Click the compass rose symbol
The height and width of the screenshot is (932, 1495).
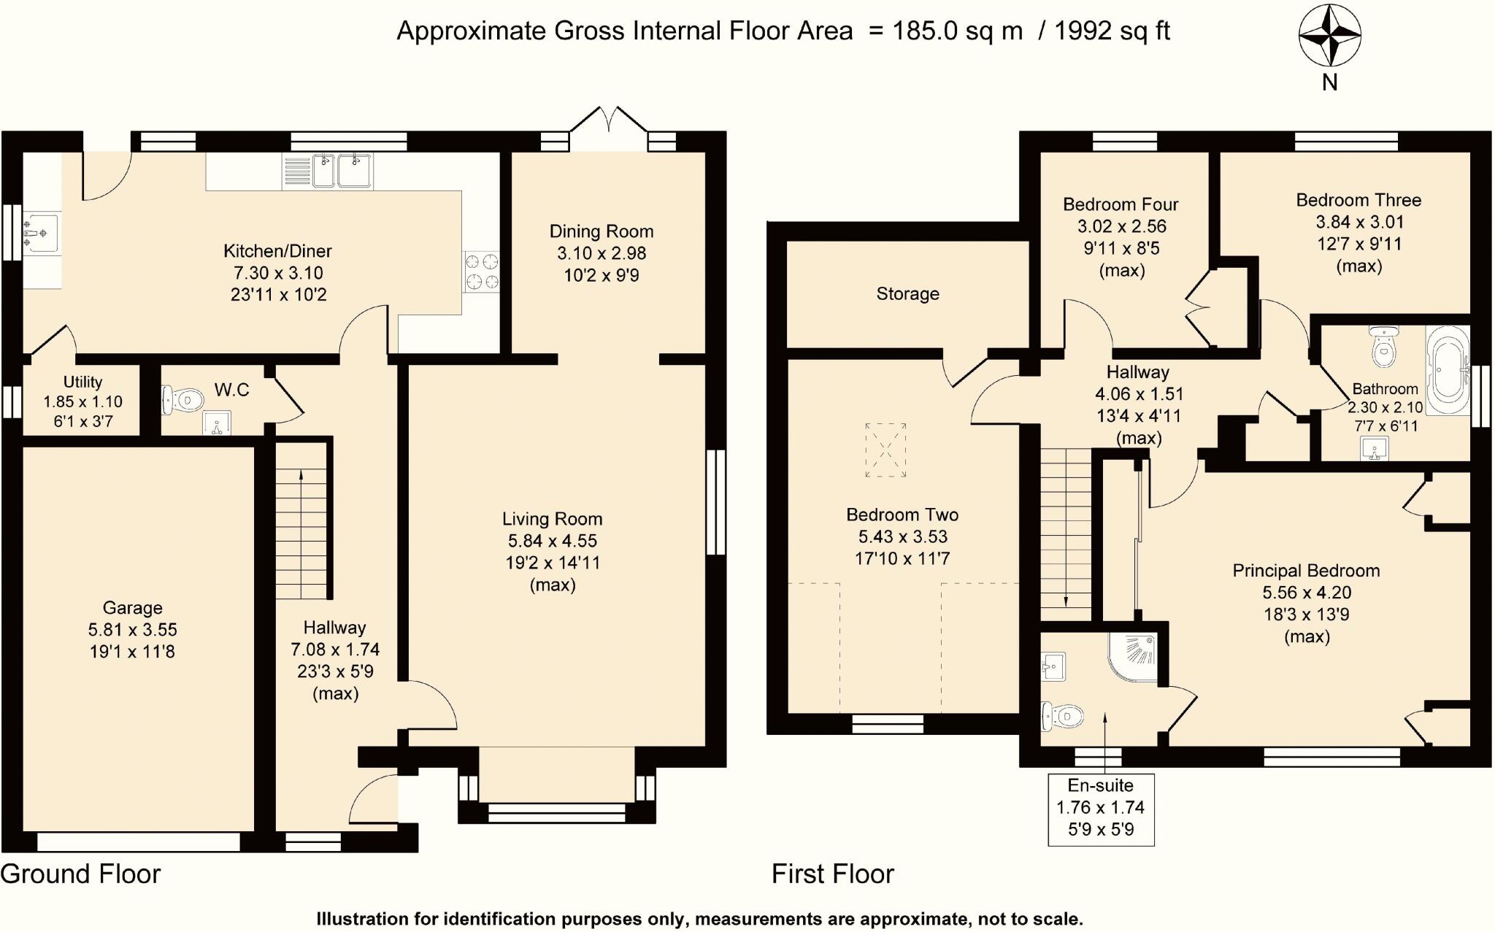tap(1329, 35)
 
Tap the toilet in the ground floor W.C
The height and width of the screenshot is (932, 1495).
tap(182, 400)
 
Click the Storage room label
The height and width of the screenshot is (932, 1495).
tap(907, 294)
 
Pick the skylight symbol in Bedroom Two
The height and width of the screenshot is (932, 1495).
tap(885, 450)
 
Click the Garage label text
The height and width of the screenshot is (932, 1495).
tap(132, 608)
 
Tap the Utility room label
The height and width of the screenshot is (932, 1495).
tap(82, 382)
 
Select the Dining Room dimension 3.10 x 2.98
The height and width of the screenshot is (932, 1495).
tap(601, 253)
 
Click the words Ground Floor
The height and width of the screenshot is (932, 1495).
tap(80, 874)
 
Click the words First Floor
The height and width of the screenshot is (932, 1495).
tap(832, 874)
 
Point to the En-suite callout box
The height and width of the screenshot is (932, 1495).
tap(1100, 809)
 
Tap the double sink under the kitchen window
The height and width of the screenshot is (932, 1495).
tap(342, 171)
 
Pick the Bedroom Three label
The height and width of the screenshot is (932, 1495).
tap(1358, 200)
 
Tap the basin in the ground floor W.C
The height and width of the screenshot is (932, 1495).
tap(216, 423)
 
